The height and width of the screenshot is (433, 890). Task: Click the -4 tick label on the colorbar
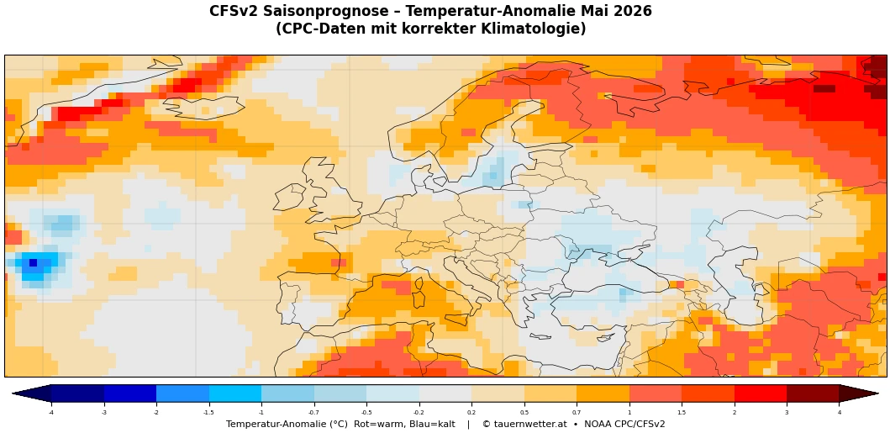(51, 413)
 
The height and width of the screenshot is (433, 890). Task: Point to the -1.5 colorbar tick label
(208, 413)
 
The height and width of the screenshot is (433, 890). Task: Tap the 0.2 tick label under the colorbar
(471, 413)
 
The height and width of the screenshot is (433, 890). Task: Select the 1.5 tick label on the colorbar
(682, 413)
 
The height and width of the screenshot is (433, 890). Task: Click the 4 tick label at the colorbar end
(839, 413)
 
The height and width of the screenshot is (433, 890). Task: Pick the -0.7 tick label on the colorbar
(313, 413)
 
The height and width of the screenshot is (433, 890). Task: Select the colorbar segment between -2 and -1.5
(182, 393)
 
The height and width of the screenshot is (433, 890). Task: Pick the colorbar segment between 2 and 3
(761, 393)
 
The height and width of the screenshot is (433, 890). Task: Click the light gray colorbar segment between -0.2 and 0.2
(445, 393)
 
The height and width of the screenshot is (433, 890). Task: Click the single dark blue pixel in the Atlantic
(34, 263)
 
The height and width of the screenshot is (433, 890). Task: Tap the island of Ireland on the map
(288, 198)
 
